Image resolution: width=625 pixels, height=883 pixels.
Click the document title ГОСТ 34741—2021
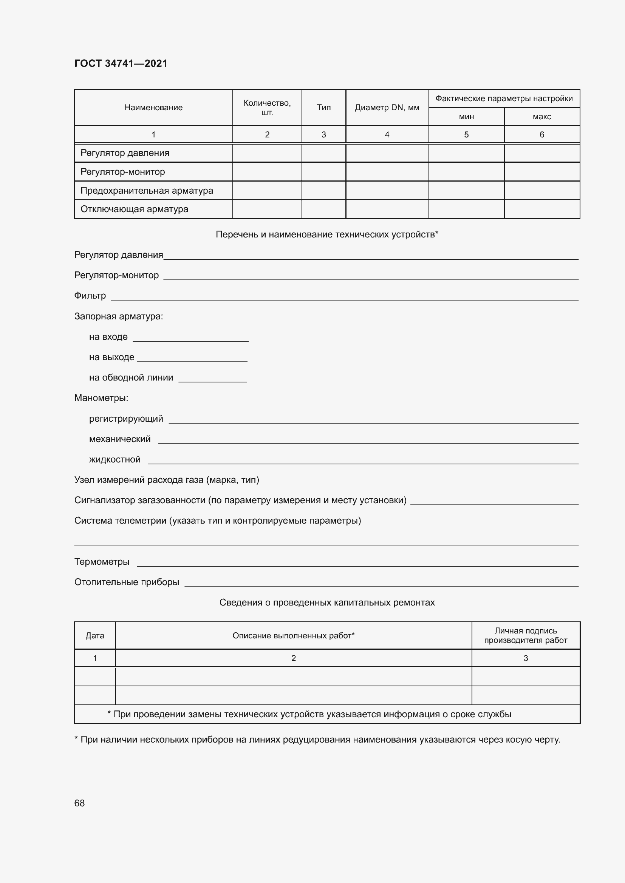tap(121, 63)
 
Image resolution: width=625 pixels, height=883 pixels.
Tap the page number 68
tap(79, 803)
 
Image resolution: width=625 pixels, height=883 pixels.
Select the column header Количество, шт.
tap(267, 108)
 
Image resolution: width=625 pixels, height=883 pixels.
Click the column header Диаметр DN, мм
tap(387, 108)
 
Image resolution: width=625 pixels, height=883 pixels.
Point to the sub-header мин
tap(466, 117)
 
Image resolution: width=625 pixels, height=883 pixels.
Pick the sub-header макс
tap(541, 117)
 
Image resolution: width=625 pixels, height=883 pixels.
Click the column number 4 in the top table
tap(387, 135)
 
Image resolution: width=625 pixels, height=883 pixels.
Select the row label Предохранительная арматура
tap(147, 190)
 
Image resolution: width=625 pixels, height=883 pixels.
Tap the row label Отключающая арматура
tap(134, 209)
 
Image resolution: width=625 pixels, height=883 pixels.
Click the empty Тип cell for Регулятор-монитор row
tap(323, 172)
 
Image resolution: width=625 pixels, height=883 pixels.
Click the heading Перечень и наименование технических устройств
tap(327, 234)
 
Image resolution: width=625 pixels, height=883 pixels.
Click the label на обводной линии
tap(131, 378)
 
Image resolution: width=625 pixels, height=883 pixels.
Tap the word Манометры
tap(101, 398)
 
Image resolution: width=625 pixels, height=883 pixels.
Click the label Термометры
tap(102, 562)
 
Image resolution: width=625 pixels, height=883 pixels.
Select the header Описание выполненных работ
tap(293, 636)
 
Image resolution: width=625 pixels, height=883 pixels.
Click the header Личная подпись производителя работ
tap(525, 636)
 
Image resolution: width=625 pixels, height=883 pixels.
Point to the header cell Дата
tap(95, 636)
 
